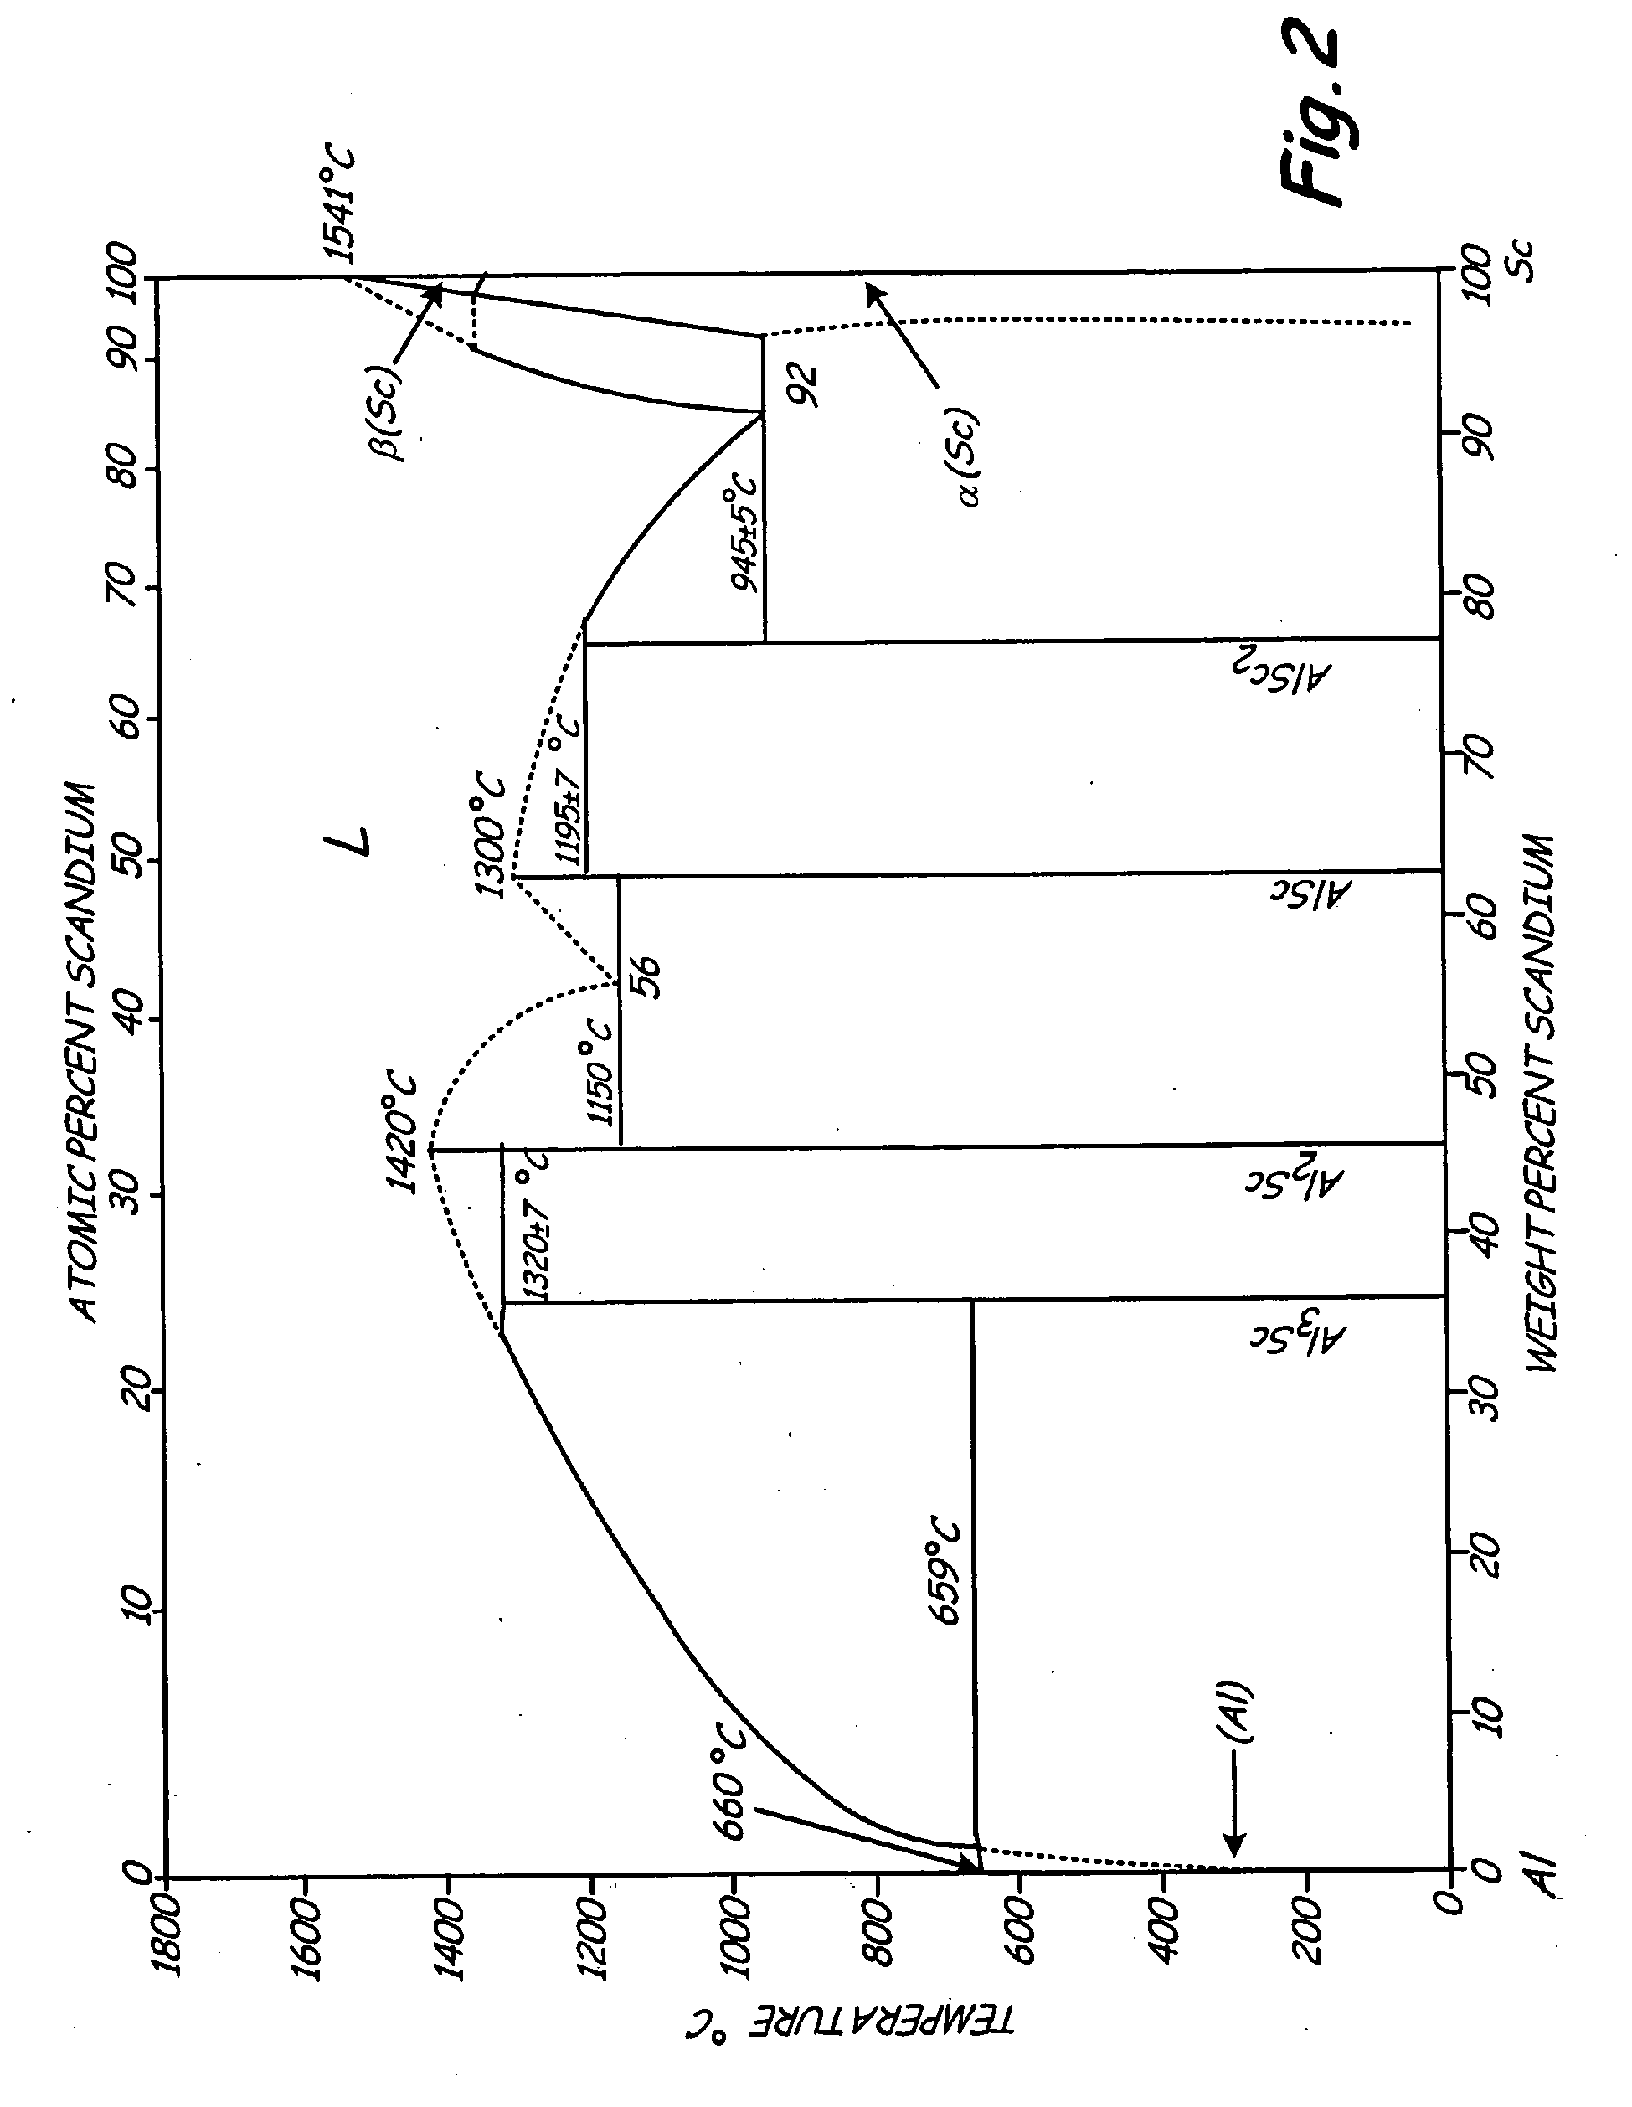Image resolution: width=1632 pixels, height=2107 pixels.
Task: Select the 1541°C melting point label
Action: (339, 204)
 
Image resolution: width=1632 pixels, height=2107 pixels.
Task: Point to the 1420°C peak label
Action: (402, 1131)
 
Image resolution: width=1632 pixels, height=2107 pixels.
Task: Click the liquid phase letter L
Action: (349, 842)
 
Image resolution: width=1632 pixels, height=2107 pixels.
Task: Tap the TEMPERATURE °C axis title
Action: (851, 2028)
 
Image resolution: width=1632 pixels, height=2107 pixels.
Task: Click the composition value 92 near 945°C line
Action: (802, 386)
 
